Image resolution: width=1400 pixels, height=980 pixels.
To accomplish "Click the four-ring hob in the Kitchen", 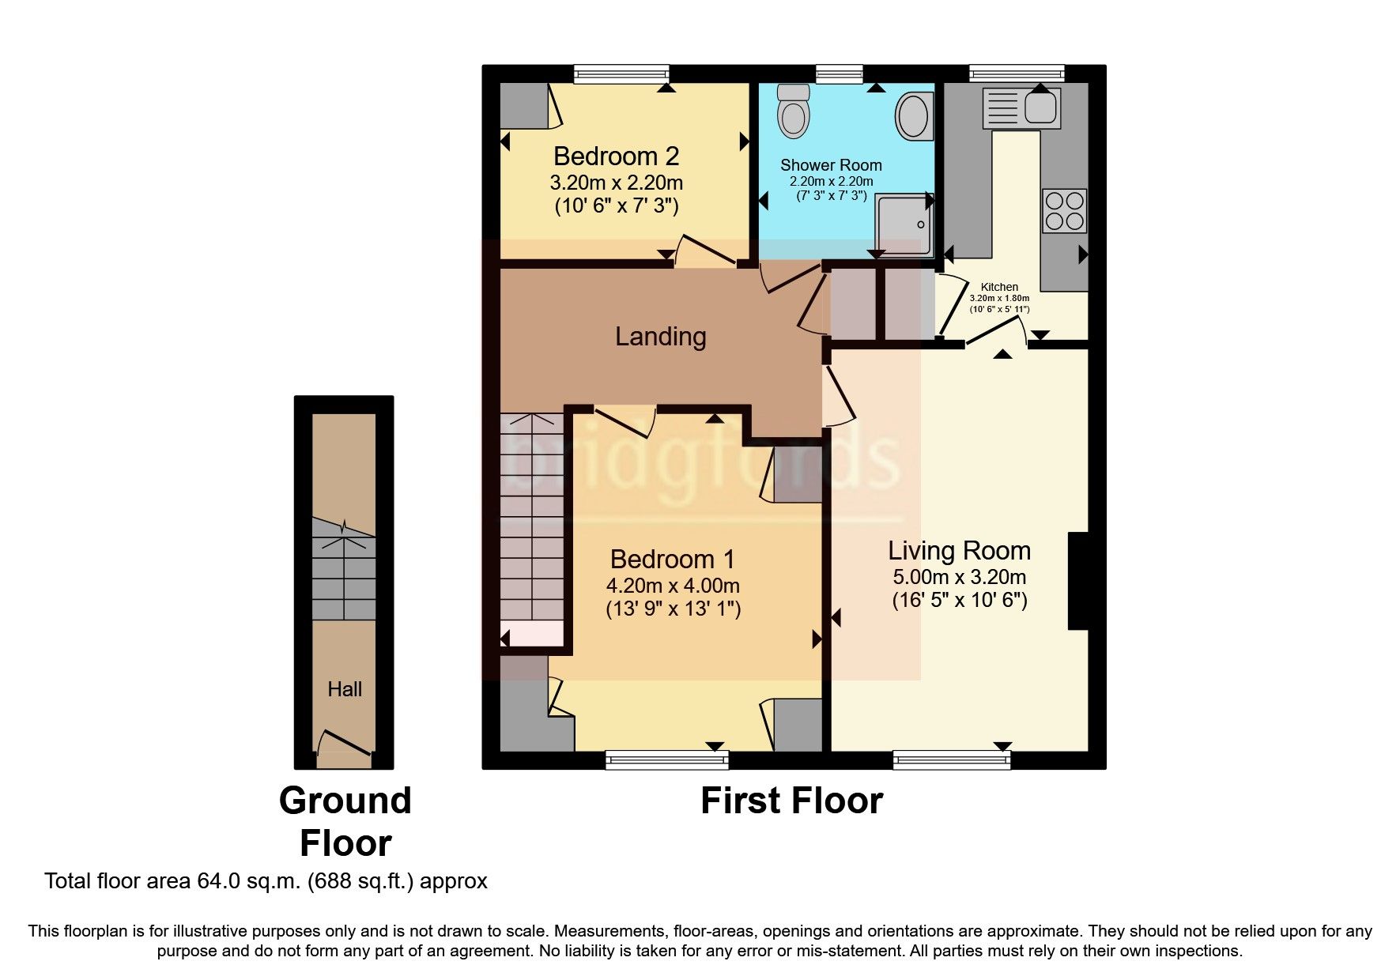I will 1064,210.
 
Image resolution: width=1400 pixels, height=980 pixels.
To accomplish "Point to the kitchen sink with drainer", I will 1021,107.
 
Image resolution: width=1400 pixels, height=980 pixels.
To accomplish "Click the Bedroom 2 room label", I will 616,156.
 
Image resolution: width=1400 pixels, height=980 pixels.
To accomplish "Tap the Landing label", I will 660,337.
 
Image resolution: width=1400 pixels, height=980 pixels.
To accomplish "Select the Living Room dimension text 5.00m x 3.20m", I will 959,576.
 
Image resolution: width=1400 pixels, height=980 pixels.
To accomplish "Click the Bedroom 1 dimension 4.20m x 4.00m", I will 673,586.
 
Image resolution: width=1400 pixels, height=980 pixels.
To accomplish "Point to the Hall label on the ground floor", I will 345,689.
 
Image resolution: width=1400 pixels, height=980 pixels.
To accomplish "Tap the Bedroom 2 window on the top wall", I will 621,74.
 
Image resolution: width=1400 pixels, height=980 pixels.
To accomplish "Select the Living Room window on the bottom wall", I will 952,760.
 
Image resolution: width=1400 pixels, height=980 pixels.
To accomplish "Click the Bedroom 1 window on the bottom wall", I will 666,760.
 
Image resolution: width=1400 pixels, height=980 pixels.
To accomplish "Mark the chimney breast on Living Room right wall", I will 1077,581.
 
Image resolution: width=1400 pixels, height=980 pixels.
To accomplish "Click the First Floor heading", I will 791,801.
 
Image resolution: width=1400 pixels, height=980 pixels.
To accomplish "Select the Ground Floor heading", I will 345,822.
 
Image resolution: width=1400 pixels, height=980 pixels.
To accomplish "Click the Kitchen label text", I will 999,287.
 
